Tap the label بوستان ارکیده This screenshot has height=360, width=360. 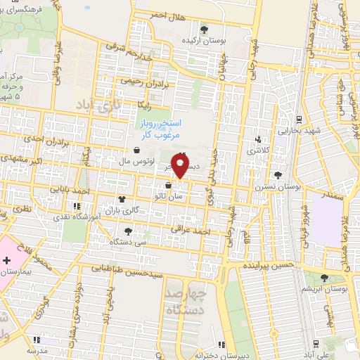204,41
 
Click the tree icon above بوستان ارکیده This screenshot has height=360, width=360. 204,30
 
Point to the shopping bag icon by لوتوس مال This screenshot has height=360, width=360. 136,149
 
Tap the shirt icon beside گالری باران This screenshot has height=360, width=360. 122,199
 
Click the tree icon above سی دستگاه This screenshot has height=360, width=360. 127,230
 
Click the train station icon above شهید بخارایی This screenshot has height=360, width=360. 299,118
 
